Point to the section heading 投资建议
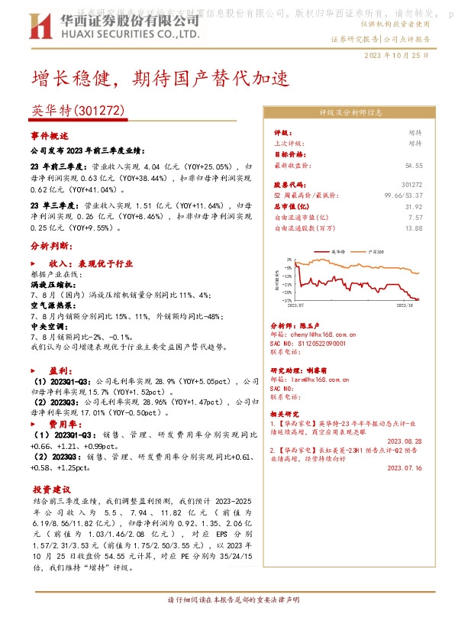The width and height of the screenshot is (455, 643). click(52, 489)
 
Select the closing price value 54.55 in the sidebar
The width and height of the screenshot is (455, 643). click(414, 166)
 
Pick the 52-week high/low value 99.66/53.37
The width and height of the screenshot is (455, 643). click(404, 195)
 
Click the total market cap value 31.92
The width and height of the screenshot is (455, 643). click(413, 206)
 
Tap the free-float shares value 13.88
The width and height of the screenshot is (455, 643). click(414, 228)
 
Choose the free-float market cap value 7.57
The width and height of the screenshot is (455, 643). click(415, 217)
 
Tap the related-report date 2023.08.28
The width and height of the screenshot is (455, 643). click(405, 441)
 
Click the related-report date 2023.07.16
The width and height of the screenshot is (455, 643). click(405, 468)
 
